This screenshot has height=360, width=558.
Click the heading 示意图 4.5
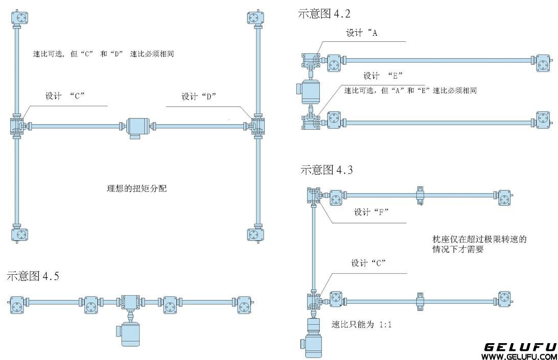tap(33, 276)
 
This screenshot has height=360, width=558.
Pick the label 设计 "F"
tap(371, 212)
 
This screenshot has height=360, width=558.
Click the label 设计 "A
tap(362, 33)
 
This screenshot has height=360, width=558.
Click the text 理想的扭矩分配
tap(136, 188)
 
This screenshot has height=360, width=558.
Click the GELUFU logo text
tap(520, 347)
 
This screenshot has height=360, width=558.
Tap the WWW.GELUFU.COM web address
tap(519, 356)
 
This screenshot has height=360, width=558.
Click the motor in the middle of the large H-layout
tap(136, 127)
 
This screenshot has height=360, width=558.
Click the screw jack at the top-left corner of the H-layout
tap(21, 18)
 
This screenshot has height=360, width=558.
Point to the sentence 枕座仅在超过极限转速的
tap(479, 239)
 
